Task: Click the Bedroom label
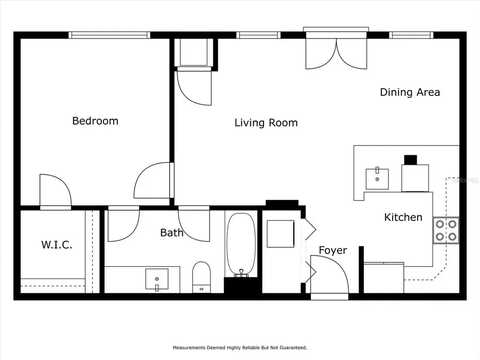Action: tap(95, 121)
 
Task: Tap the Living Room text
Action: tap(266, 123)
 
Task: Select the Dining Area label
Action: tap(410, 92)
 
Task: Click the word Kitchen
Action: tap(403, 217)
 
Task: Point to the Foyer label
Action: tap(333, 250)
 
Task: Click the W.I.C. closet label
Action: tap(57, 245)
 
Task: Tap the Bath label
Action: tap(172, 233)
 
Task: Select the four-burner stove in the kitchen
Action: tap(446, 230)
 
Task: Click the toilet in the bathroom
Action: tap(202, 276)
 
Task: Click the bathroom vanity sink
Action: tap(157, 279)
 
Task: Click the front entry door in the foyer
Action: tap(329, 275)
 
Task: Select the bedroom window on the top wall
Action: tap(109, 35)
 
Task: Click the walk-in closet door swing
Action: tap(55, 190)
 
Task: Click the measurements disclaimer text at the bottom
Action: tap(239, 348)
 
